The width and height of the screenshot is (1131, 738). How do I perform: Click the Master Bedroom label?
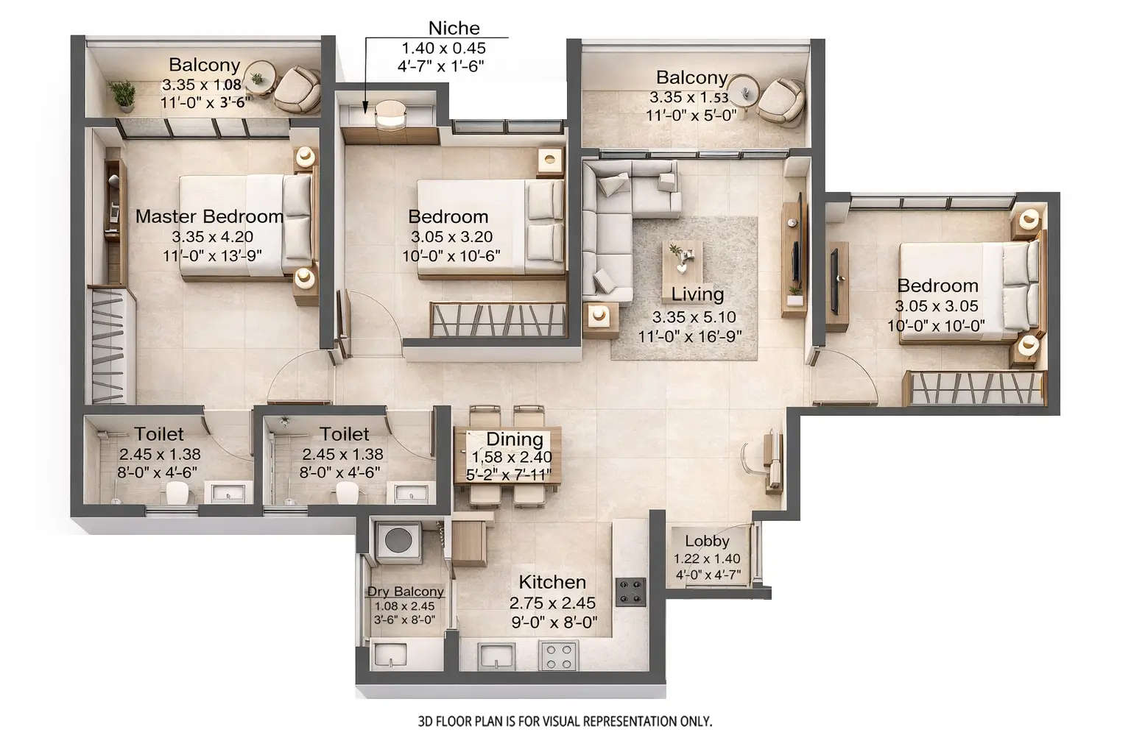pos(209,216)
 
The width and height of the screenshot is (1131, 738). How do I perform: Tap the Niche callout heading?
pos(454,28)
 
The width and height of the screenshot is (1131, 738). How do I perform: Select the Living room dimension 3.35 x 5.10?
pos(694,317)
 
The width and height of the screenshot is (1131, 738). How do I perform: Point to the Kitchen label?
pos(552,582)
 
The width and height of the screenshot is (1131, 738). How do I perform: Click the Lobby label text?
pos(706,541)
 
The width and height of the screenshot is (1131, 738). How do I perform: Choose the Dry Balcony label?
pos(405,592)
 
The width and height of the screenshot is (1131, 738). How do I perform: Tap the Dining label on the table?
pos(514,439)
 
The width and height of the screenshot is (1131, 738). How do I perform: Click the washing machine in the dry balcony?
pos(398,542)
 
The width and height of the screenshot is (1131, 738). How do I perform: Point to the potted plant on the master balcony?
pos(122,96)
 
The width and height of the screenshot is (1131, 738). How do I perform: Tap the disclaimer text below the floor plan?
pos(565,721)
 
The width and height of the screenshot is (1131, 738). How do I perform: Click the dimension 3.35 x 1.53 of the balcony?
pos(688,97)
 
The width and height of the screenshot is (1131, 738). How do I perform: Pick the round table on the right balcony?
pos(747,91)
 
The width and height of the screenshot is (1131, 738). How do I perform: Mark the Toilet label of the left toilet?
pos(159,434)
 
